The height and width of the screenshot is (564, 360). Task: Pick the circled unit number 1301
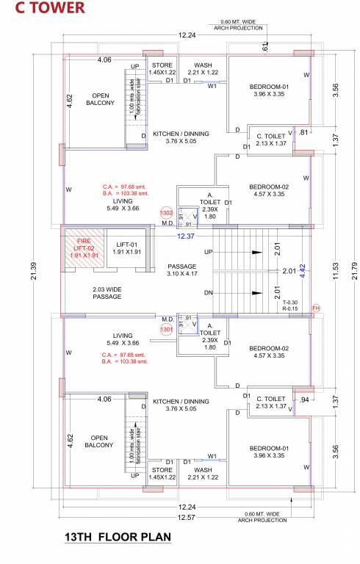pyautogui.click(x=167, y=330)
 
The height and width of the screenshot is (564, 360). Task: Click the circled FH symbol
pyautogui.click(x=316, y=308)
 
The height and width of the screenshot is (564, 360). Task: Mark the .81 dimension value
pyautogui.click(x=304, y=133)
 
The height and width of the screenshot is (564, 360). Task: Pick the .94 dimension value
pyautogui.click(x=306, y=400)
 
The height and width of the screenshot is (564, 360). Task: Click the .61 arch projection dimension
pyautogui.click(x=265, y=46)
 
